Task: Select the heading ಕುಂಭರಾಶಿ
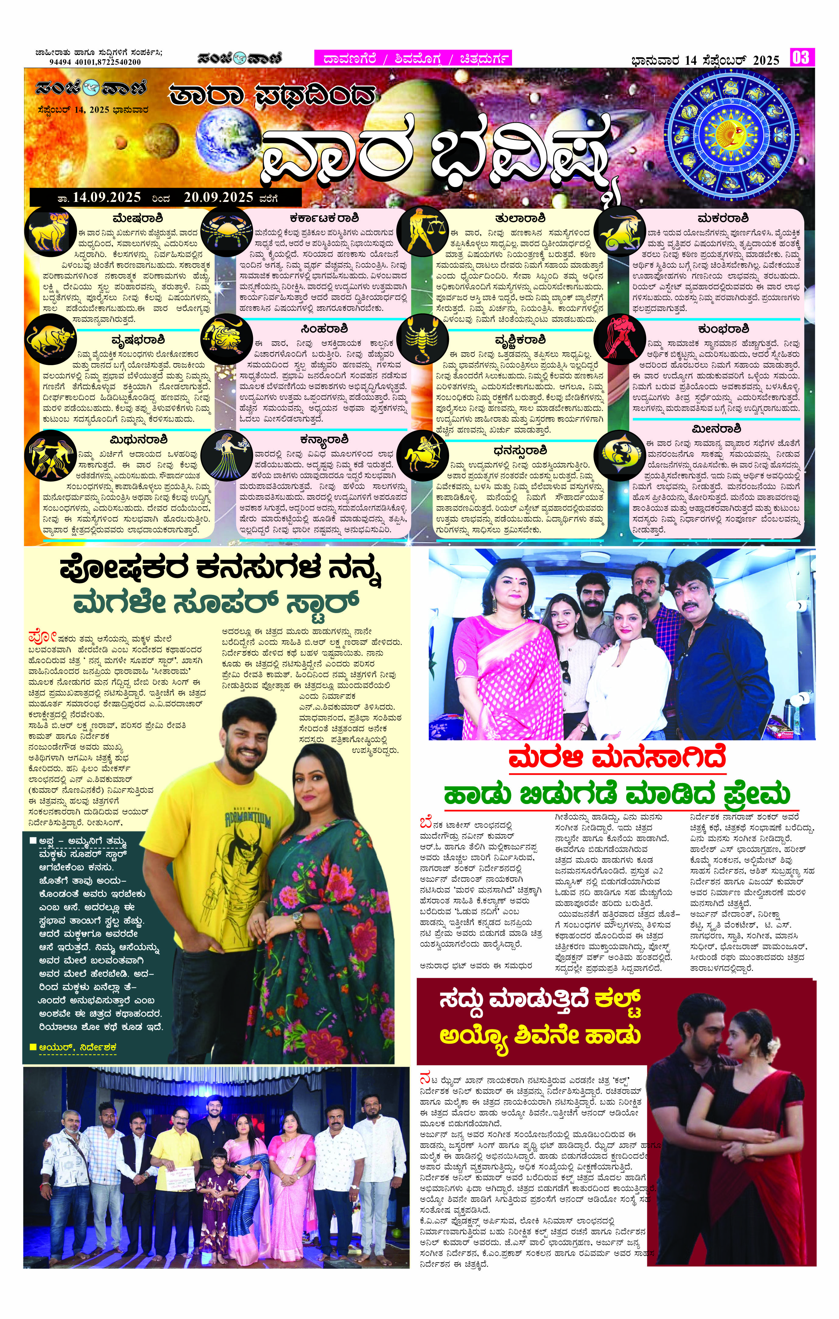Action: [x=723, y=329]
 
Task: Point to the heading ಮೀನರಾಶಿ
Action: [x=723, y=428]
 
